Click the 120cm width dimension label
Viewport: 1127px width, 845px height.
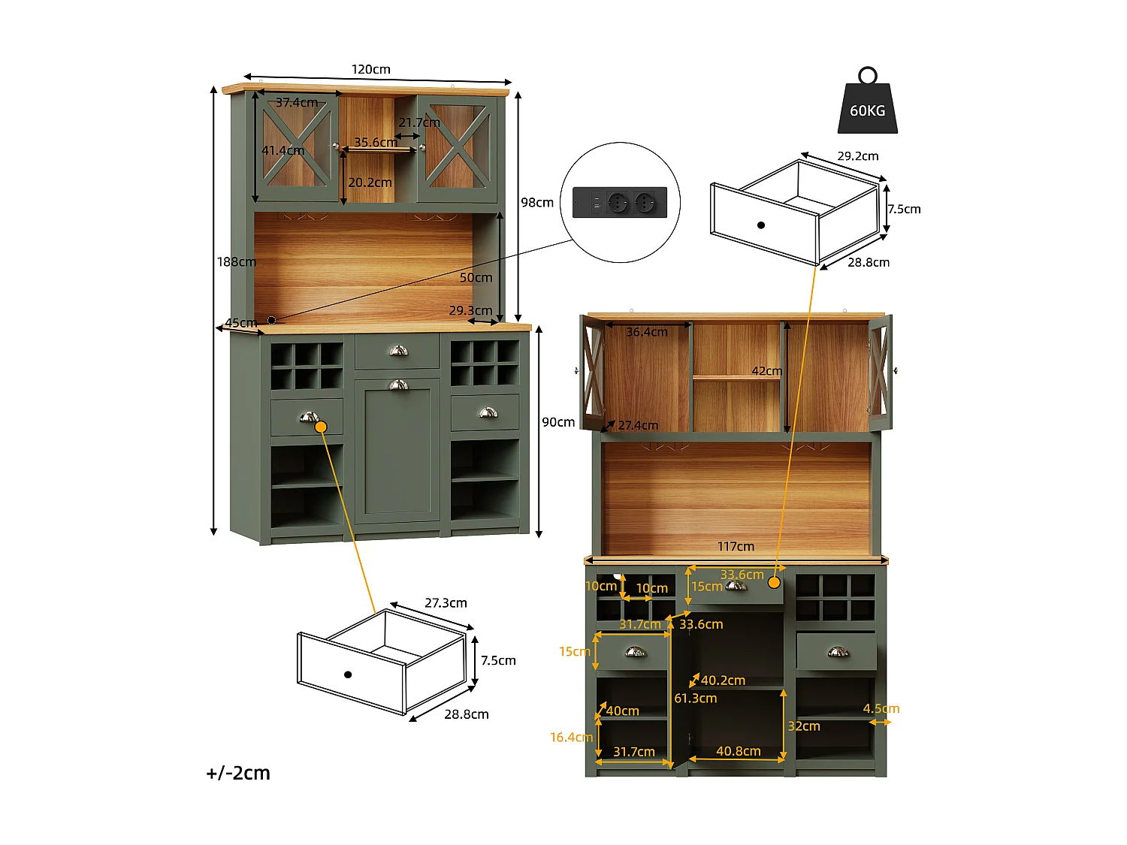pyautogui.click(x=371, y=69)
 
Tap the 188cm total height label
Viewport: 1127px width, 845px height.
pyautogui.click(x=236, y=261)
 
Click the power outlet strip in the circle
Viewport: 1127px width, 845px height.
pyautogui.click(x=620, y=203)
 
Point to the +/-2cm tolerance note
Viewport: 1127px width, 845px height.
pyautogui.click(x=238, y=773)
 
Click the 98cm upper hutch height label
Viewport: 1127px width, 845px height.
pyautogui.click(x=537, y=202)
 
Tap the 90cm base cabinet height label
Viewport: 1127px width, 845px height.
pyautogui.click(x=558, y=422)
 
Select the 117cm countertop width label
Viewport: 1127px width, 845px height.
pyautogui.click(x=736, y=547)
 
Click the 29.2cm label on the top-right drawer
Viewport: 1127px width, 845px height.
pyautogui.click(x=857, y=156)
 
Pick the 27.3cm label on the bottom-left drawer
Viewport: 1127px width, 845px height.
pyautogui.click(x=446, y=603)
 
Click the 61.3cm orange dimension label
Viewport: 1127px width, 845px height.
pyautogui.click(x=696, y=699)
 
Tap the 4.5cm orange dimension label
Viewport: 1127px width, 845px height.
pyautogui.click(x=881, y=708)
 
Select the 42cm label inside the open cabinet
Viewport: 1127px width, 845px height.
pyautogui.click(x=767, y=371)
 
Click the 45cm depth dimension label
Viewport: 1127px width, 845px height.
pyautogui.click(x=241, y=323)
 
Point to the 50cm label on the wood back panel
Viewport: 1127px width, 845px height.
pyautogui.click(x=476, y=277)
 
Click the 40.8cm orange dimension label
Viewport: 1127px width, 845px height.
pyautogui.click(x=738, y=751)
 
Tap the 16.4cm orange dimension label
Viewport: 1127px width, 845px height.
pyautogui.click(x=571, y=738)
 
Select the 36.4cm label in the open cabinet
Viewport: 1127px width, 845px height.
pyautogui.click(x=647, y=332)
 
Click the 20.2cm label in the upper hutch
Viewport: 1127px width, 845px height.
pyautogui.click(x=370, y=183)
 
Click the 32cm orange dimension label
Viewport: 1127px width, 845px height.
pyautogui.click(x=804, y=726)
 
